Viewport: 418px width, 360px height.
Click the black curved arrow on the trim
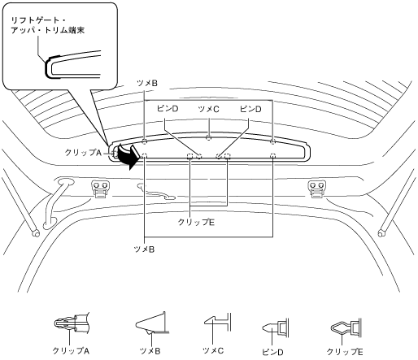(x=128, y=157)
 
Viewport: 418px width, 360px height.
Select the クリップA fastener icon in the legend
(x=72, y=322)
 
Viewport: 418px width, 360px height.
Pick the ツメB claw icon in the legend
(x=152, y=323)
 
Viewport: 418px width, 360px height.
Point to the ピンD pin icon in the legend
(x=276, y=327)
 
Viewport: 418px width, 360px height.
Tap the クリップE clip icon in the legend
(x=346, y=327)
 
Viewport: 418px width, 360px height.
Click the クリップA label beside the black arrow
(x=82, y=153)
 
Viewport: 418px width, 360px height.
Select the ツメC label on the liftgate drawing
(x=208, y=109)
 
